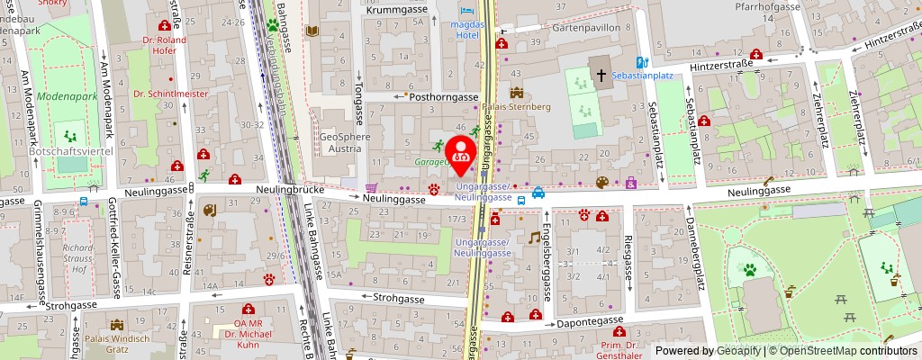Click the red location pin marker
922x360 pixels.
point(461,154)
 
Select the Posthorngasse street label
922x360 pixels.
point(443,96)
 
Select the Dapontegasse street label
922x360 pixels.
point(589,320)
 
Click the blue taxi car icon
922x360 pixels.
point(538,192)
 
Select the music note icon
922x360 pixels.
point(534,238)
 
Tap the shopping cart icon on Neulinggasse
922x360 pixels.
point(370,188)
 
